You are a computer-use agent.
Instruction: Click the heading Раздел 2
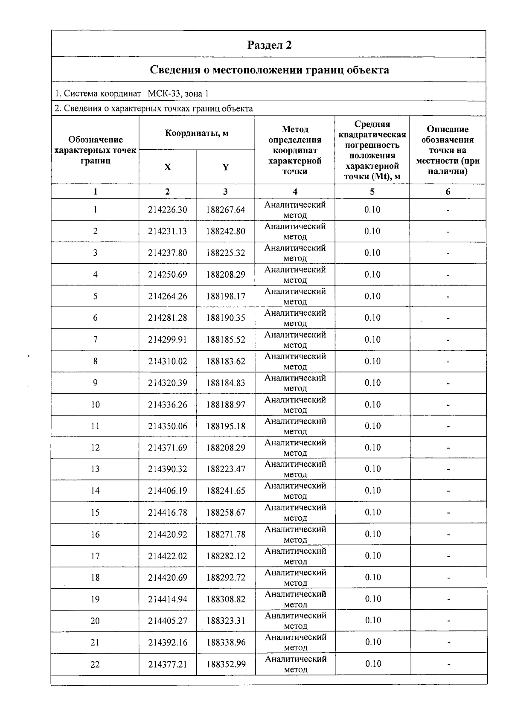click(269, 45)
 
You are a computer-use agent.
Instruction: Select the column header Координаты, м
click(197, 133)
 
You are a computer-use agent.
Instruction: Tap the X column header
click(167, 167)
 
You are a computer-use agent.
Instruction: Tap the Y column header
click(225, 167)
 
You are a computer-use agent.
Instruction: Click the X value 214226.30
click(167, 209)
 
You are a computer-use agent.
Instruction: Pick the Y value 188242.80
click(226, 231)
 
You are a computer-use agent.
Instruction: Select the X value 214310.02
click(167, 361)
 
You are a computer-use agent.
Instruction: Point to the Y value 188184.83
click(226, 383)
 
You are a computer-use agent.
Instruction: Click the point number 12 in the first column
click(95, 448)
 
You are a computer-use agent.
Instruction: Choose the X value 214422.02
click(167, 556)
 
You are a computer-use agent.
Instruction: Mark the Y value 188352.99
click(226, 664)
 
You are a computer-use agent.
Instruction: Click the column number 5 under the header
click(372, 192)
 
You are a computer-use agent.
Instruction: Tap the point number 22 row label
click(95, 664)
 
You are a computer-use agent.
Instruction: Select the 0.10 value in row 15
click(372, 512)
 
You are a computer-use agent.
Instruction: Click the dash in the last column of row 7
click(448, 340)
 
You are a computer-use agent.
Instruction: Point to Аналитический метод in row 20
click(295, 620)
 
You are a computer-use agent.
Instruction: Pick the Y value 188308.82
click(226, 599)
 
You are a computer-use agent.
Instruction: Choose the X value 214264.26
click(167, 296)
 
